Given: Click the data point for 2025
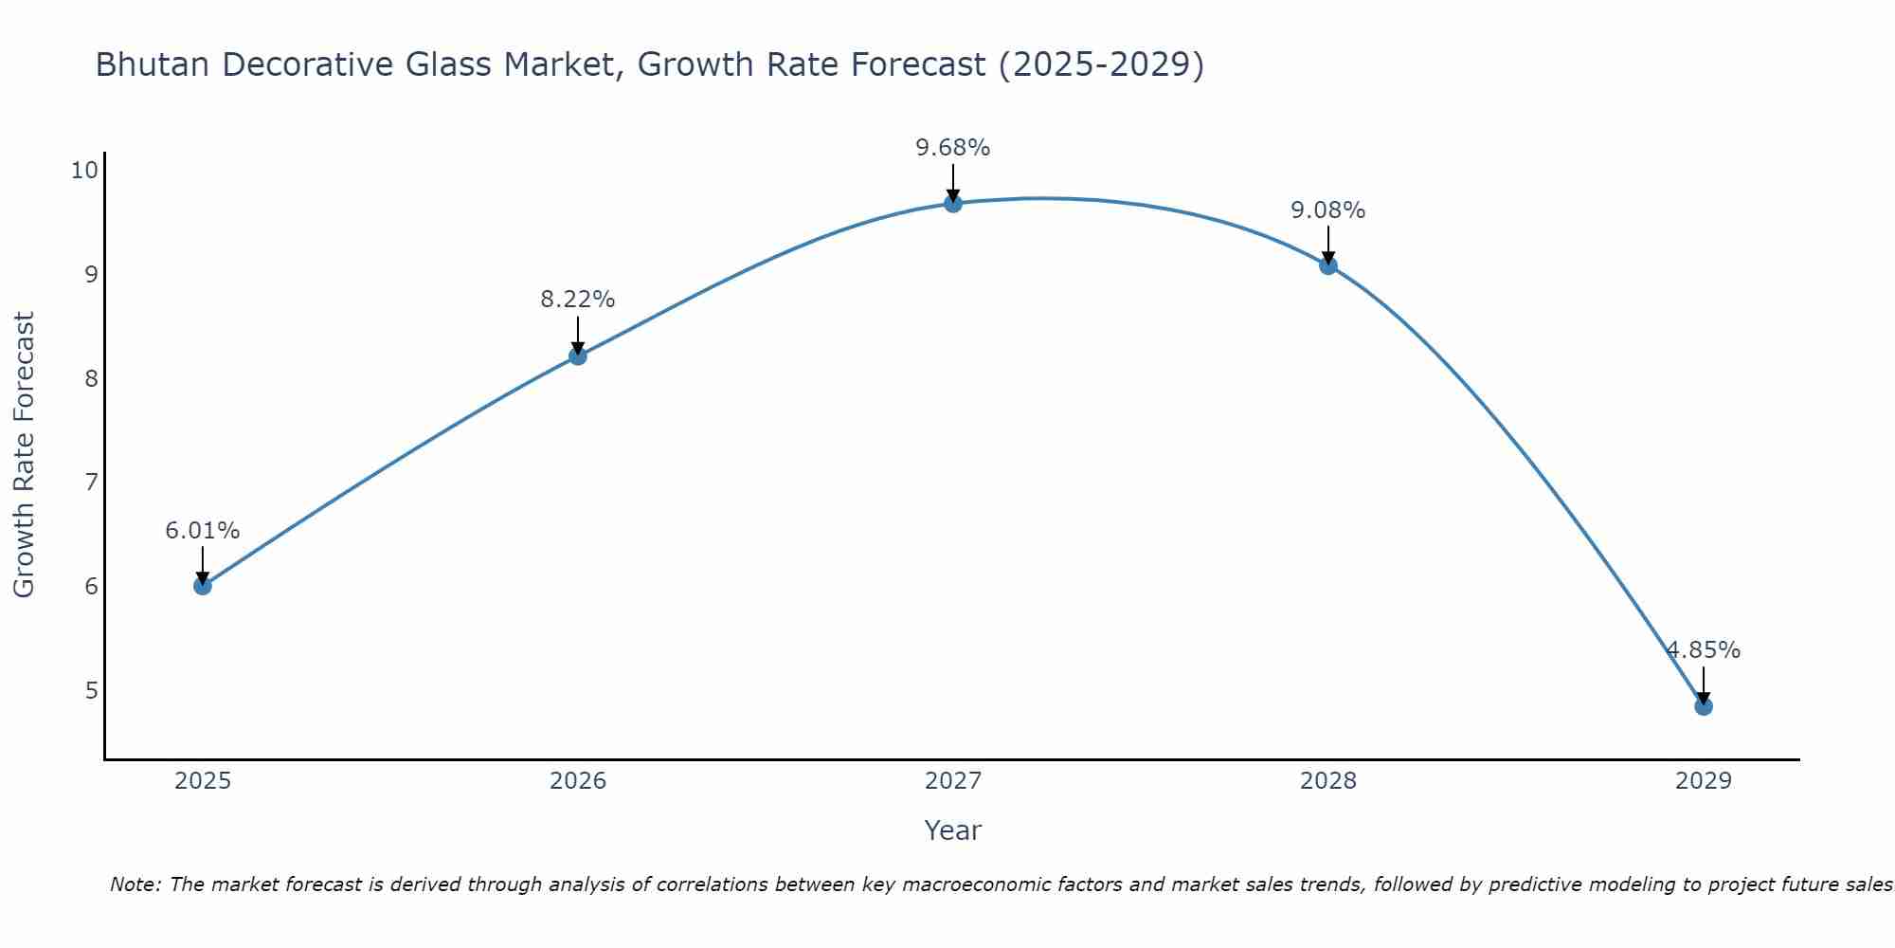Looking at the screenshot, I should coord(203,586).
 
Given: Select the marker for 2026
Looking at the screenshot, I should coord(578,356).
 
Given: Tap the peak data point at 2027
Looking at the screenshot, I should coord(953,204).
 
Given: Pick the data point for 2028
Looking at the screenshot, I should coord(1328,265).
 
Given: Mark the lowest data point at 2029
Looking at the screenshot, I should coord(1704,706).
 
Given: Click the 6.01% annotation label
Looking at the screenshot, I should coord(203,531).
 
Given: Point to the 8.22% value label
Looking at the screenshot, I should coord(578,300).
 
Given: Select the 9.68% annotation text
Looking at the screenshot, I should coord(953,148).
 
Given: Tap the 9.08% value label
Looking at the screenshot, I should coord(1328,210).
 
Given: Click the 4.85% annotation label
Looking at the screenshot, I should coord(1704,650).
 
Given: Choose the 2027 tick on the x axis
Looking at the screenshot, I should coord(953,781).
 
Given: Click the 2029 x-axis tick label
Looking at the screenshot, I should coord(1704,781).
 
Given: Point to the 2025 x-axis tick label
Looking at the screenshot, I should coord(203,781).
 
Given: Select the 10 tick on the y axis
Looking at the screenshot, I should coord(84,171).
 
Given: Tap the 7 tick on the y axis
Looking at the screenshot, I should coord(91,483).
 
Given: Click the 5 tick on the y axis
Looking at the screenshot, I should coord(91,690).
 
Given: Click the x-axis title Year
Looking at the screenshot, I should coord(953,830).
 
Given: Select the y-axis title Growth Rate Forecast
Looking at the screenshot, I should coord(24,455).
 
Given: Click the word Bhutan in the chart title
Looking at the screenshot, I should coord(152,64).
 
